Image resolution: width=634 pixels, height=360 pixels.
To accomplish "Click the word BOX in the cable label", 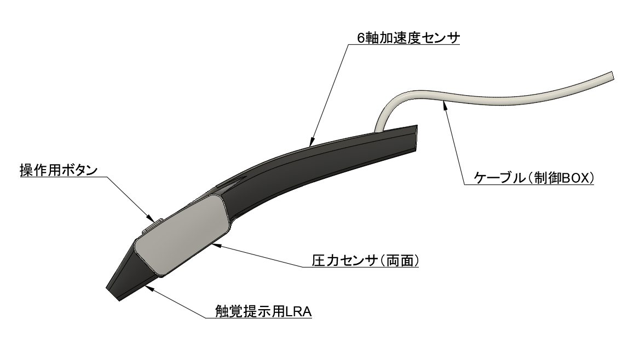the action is pos(571,178).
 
